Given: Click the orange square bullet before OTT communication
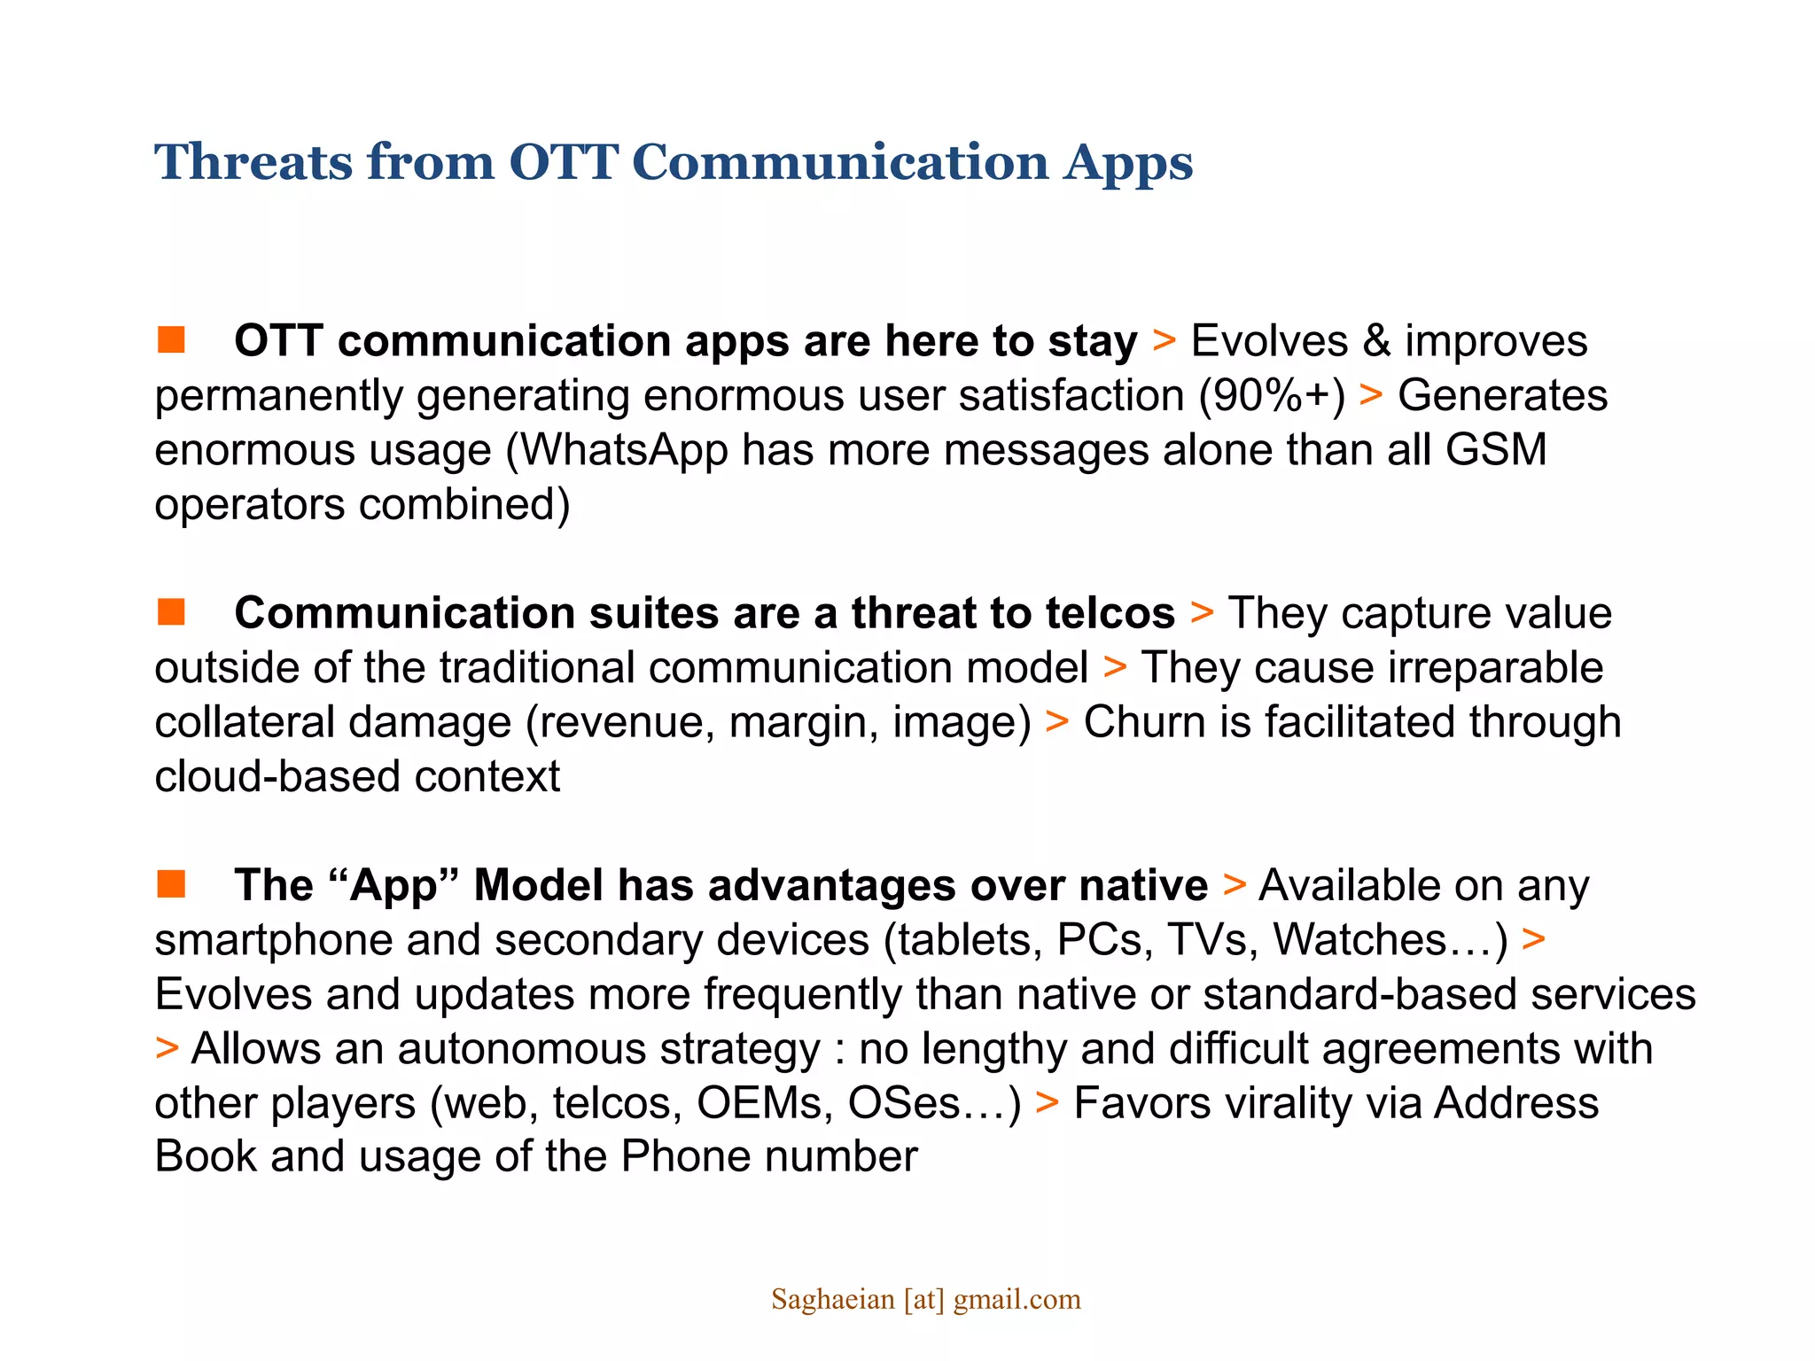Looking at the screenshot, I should (171, 339).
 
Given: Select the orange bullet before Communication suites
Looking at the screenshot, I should (171, 611).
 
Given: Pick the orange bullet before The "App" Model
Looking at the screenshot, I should (171, 883).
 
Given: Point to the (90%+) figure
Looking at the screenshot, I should (1272, 395).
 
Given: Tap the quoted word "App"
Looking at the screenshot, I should (393, 885).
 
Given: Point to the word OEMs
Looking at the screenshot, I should (764, 1103).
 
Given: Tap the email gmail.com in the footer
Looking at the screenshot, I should (1017, 1300).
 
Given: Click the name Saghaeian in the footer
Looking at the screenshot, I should (832, 1300).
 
